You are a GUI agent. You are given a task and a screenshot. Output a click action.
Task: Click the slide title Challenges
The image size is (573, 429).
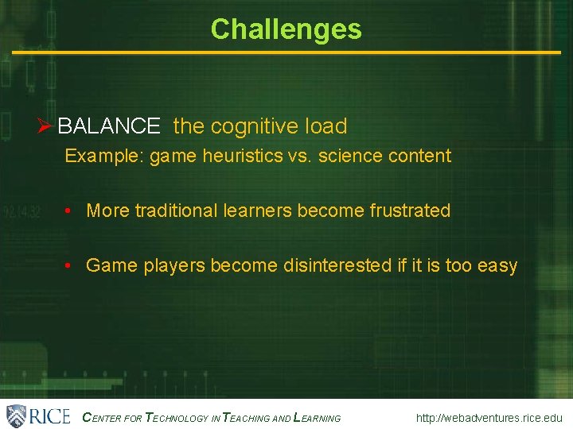286,29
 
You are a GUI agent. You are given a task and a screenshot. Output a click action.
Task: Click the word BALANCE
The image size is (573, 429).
109,126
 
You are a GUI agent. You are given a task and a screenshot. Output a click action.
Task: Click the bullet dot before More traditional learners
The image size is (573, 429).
70,211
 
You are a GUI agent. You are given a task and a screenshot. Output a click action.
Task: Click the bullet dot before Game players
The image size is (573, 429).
70,265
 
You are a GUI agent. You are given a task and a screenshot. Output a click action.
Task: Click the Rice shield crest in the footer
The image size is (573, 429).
16,415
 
